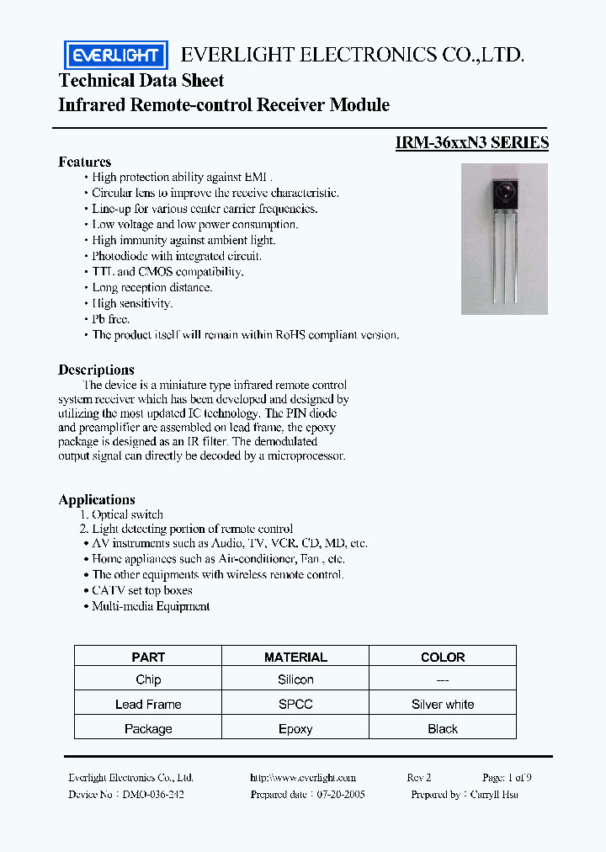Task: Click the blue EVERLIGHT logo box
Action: [x=116, y=55]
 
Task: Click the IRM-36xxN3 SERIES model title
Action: [x=471, y=142]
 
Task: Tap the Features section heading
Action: [x=84, y=162]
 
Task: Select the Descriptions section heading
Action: [x=96, y=370]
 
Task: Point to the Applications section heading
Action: [x=97, y=499]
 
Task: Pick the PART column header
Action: [x=148, y=657]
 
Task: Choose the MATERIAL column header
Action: [x=295, y=657]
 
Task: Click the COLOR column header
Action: [x=443, y=657]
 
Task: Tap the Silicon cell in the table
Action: [x=295, y=679]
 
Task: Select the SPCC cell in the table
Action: [x=295, y=704]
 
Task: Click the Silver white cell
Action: [x=443, y=704]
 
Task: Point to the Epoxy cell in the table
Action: [x=295, y=729]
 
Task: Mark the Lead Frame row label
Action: [x=148, y=704]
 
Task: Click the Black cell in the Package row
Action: [x=443, y=729]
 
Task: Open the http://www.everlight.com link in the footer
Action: [x=303, y=778]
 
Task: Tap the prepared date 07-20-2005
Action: [x=343, y=794]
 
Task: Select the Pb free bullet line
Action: [x=110, y=319]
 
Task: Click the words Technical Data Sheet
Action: [x=141, y=81]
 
